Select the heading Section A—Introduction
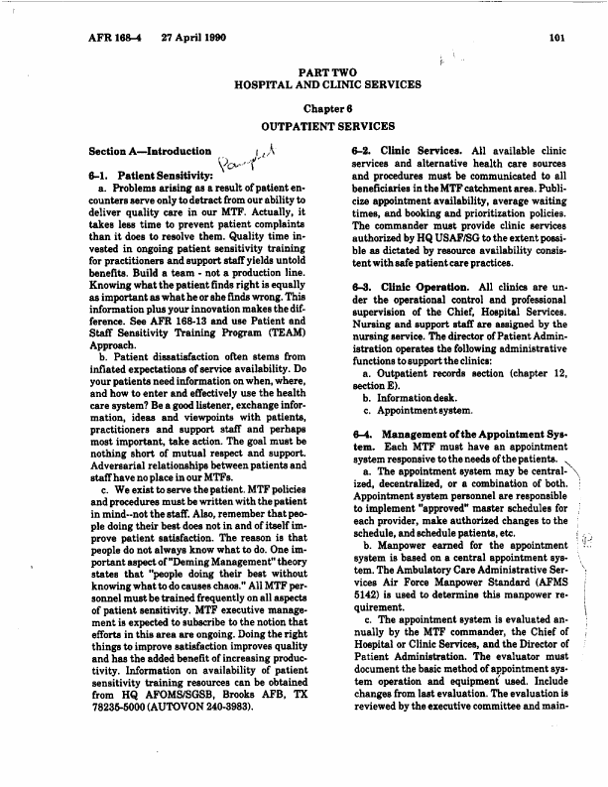click(150, 151)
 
